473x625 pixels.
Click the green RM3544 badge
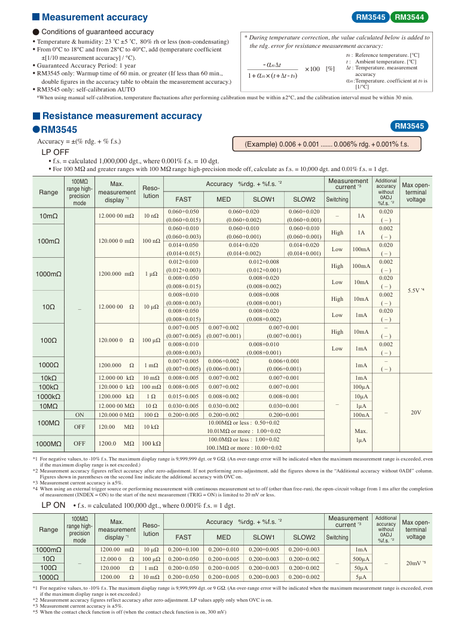(411, 17)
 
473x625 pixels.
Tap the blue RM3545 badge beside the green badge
(371, 17)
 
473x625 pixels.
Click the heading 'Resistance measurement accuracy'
(122, 116)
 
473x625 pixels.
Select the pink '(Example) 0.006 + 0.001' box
(326, 144)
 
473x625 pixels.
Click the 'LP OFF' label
(55, 152)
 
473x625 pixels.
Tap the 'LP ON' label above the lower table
(53, 505)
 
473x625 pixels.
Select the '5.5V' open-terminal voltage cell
(416, 290)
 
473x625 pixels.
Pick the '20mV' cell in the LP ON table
(416, 563)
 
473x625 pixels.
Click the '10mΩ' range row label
(49, 215)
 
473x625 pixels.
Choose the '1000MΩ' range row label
(49, 444)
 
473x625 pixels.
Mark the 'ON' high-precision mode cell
(80, 414)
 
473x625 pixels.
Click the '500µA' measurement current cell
(361, 558)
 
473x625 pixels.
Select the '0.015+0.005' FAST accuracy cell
(184, 396)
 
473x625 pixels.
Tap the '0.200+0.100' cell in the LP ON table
(184, 549)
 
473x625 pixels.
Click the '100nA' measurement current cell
(361, 414)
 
